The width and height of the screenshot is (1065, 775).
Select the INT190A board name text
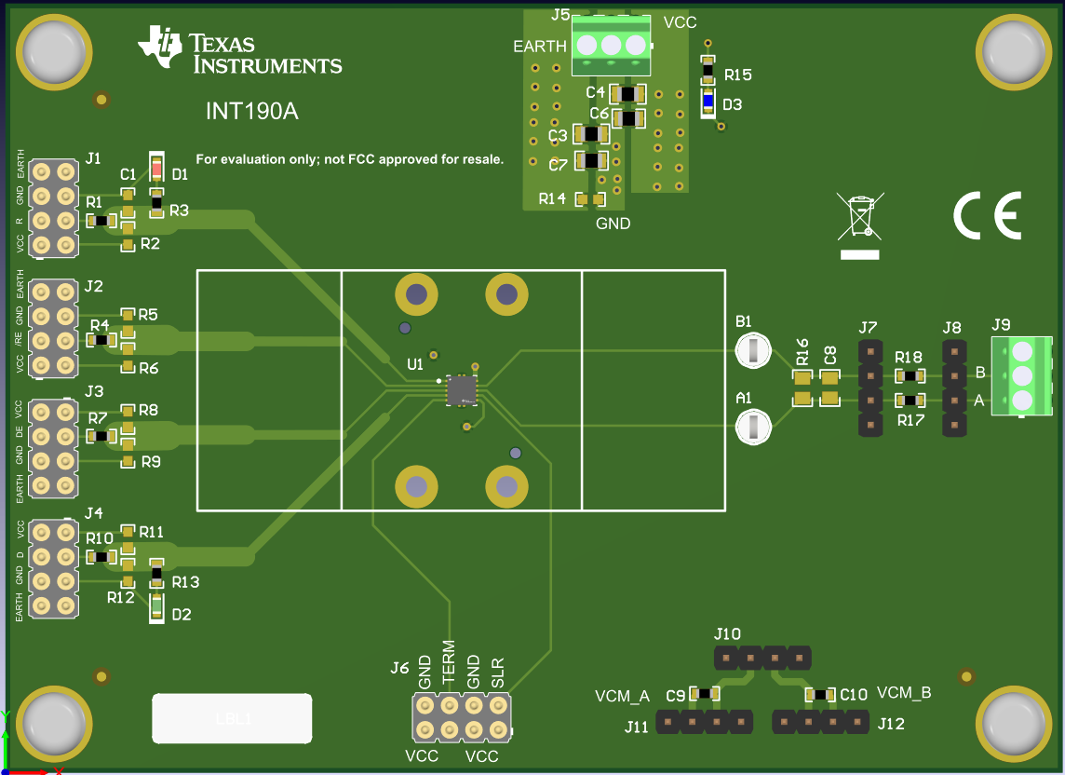(x=251, y=112)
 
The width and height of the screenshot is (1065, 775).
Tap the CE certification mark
(x=987, y=215)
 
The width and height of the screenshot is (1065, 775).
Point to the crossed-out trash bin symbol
(x=859, y=224)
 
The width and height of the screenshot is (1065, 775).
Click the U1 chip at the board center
(x=461, y=390)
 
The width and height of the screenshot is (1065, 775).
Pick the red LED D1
(x=156, y=171)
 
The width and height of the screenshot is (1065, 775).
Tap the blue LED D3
(x=708, y=103)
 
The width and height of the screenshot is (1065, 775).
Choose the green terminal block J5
(x=611, y=46)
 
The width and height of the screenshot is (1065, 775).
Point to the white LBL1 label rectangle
(x=232, y=718)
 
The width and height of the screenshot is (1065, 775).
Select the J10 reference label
(x=727, y=634)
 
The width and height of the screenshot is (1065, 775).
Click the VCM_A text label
(x=622, y=696)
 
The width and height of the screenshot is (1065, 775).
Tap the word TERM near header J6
(x=449, y=664)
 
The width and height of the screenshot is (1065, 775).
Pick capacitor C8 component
(x=829, y=388)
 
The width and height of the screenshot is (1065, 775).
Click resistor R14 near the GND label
(x=590, y=199)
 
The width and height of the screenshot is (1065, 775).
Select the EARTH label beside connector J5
(x=540, y=46)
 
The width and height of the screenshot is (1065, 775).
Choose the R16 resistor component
(x=802, y=388)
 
